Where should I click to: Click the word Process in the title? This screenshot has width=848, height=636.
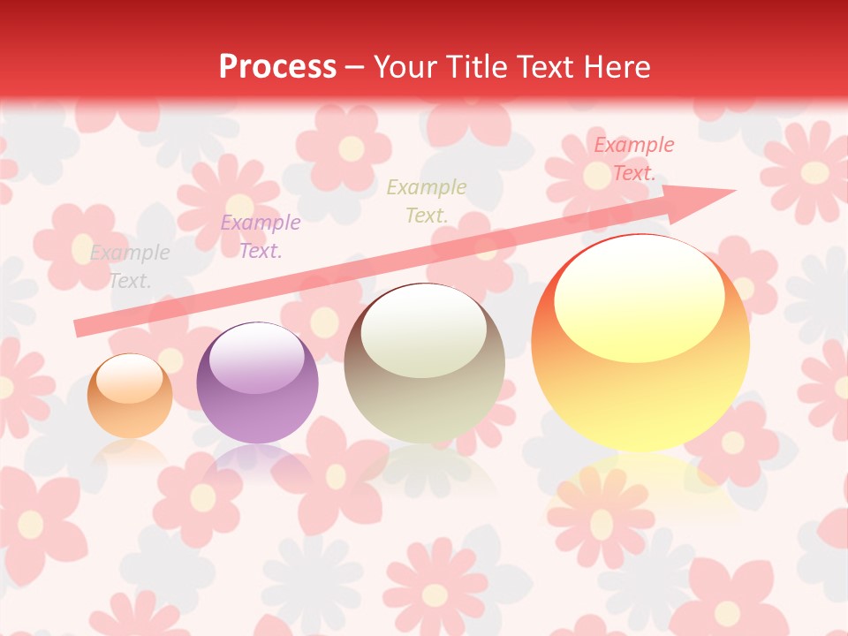click(277, 67)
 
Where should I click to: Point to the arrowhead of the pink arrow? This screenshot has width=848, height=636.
click(707, 199)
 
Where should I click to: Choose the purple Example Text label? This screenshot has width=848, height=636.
click(260, 237)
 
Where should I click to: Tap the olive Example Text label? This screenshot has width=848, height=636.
click(427, 201)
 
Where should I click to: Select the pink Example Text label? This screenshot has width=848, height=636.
click(633, 159)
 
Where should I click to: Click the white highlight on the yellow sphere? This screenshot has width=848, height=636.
click(639, 297)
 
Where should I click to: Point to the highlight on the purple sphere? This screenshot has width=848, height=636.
click(256, 361)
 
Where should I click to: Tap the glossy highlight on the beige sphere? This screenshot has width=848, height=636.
click(423, 330)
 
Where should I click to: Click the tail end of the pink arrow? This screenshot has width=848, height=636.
click(81, 328)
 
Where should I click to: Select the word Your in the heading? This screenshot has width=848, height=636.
click(403, 67)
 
